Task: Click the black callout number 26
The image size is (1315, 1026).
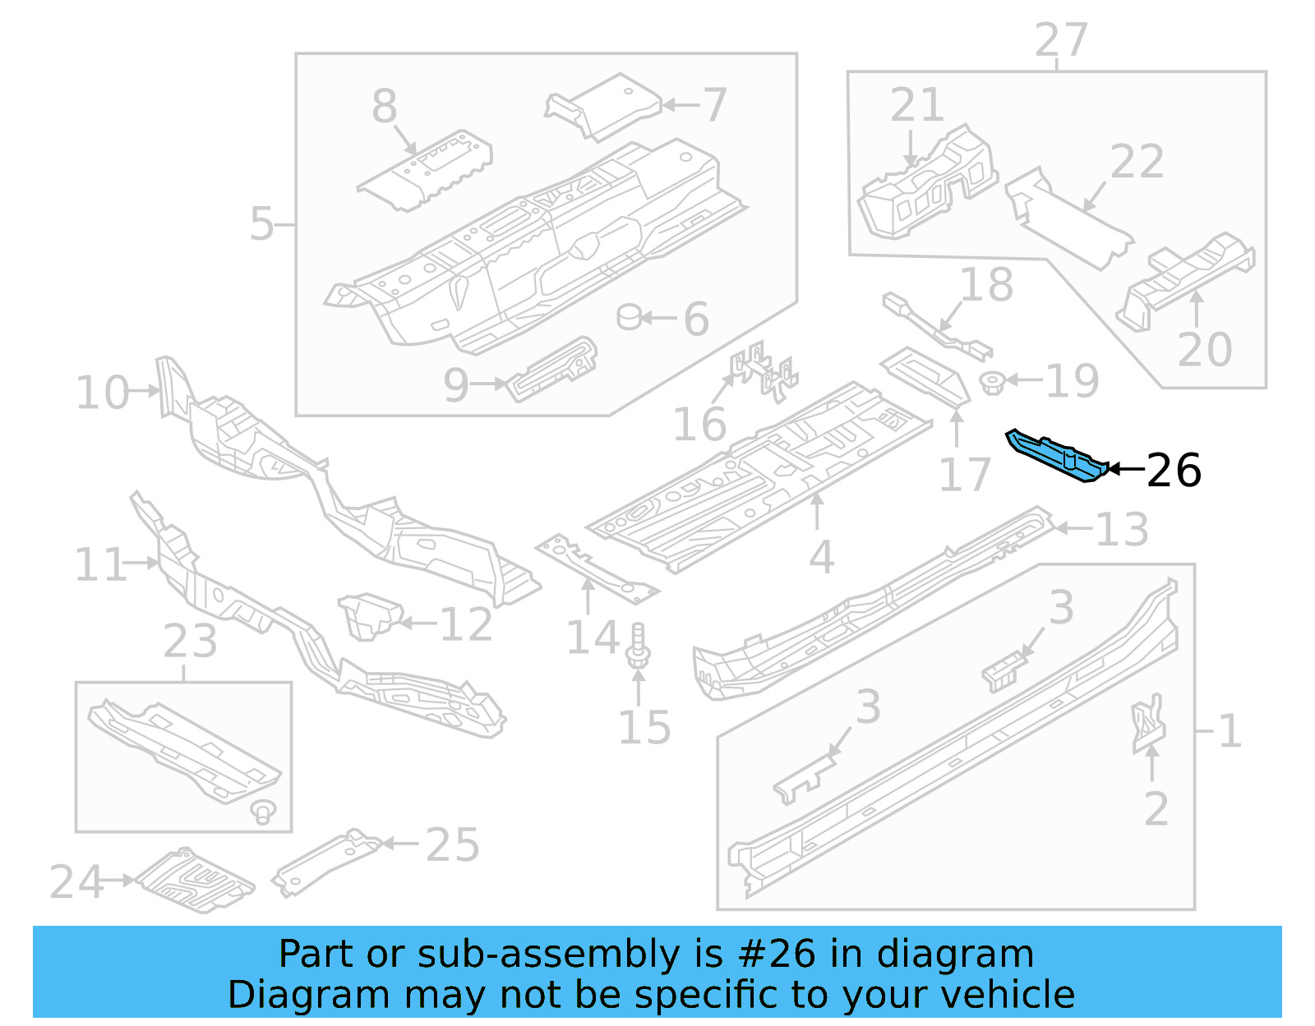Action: (x=1174, y=471)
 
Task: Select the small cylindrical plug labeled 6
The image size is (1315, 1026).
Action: (x=630, y=316)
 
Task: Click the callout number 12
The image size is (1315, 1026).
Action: (x=466, y=624)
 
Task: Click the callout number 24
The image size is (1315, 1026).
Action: (x=76, y=882)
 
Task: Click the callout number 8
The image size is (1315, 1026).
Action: (x=385, y=107)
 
